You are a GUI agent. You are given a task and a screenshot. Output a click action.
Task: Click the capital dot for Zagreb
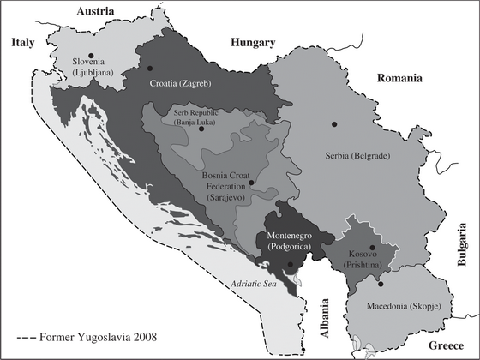click(149, 68)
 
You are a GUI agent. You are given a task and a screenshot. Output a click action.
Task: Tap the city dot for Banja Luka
click(201, 129)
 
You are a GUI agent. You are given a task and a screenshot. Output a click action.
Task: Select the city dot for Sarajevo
click(251, 183)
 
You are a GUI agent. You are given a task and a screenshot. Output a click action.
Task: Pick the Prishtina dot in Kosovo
click(372, 247)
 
